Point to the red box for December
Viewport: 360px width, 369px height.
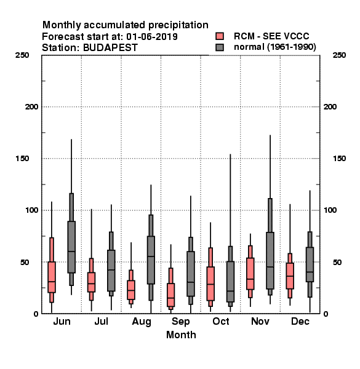tap(290, 276)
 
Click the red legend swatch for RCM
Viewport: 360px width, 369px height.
tap(220, 36)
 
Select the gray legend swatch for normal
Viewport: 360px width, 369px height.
tap(220, 47)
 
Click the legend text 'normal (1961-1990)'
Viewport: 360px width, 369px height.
tap(275, 47)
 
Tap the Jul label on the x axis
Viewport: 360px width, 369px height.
tap(102, 322)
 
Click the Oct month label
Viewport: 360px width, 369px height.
tap(220, 322)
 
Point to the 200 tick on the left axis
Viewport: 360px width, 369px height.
tap(31, 107)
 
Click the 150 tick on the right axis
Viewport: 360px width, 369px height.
tap(339, 159)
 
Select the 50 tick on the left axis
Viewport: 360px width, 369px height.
tap(26, 262)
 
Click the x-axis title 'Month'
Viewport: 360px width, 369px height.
tap(181, 335)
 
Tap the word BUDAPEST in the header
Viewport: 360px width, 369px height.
tap(110, 48)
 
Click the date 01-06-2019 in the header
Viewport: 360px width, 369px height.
tap(152, 37)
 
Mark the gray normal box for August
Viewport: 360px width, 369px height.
tap(151, 258)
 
